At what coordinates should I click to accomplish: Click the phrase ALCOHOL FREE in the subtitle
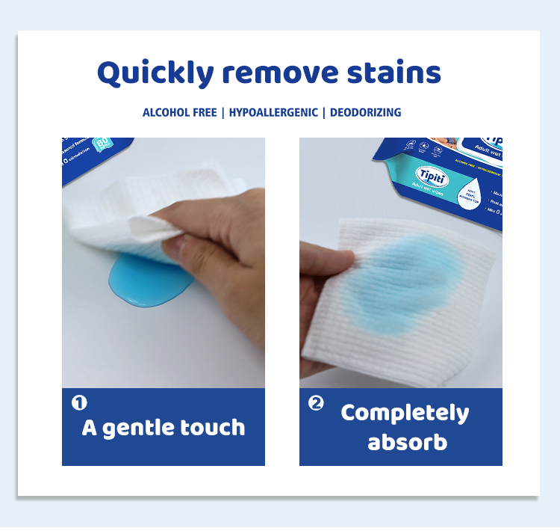(x=178, y=113)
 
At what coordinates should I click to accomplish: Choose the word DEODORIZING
(x=365, y=113)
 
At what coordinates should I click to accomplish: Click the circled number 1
(x=78, y=403)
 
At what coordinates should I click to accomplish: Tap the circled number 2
(x=316, y=403)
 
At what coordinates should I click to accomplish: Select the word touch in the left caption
(x=213, y=429)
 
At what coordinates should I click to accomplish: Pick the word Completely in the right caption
(x=405, y=413)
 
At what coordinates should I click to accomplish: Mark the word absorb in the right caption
(x=407, y=441)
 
